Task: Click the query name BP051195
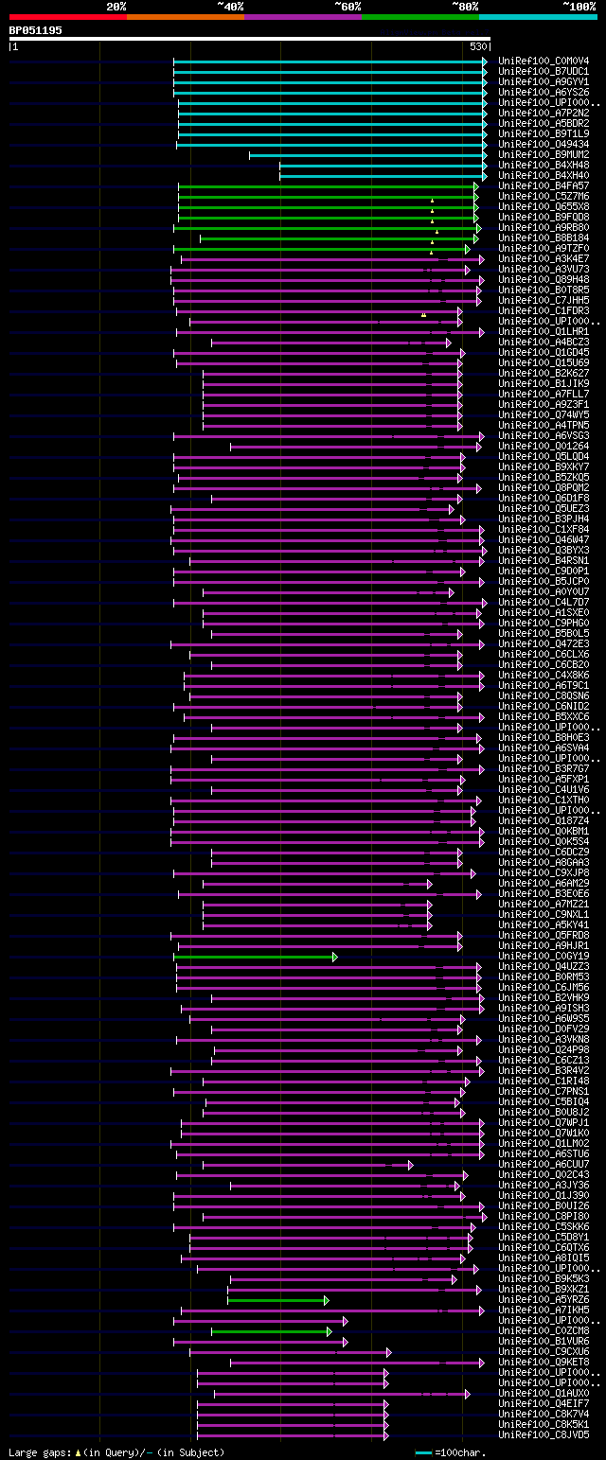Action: [x=35, y=30]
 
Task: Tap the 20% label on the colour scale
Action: [x=116, y=7]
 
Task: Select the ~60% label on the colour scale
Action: [x=347, y=7]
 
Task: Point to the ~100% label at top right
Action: [x=579, y=7]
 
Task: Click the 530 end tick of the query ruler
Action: [x=478, y=46]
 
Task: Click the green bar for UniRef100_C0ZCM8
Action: [x=270, y=1331]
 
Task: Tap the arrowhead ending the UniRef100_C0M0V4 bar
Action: [x=485, y=62]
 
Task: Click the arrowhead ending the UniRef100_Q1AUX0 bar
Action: [x=467, y=1394]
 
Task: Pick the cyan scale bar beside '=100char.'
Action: [x=423, y=1452]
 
